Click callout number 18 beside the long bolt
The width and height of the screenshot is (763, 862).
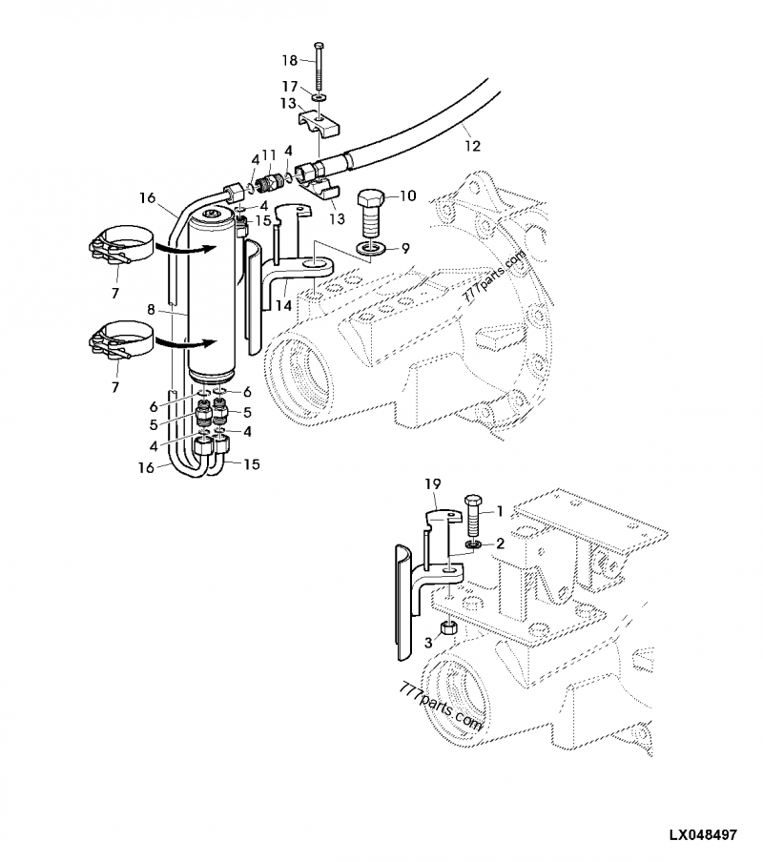289,60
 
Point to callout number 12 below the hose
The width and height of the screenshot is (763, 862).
473,146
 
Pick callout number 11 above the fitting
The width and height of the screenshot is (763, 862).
270,154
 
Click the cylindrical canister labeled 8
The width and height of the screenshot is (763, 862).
212,296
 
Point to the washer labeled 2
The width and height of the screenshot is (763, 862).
472,544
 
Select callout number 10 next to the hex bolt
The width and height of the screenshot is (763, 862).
407,196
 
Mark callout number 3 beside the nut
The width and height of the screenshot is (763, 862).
428,644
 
